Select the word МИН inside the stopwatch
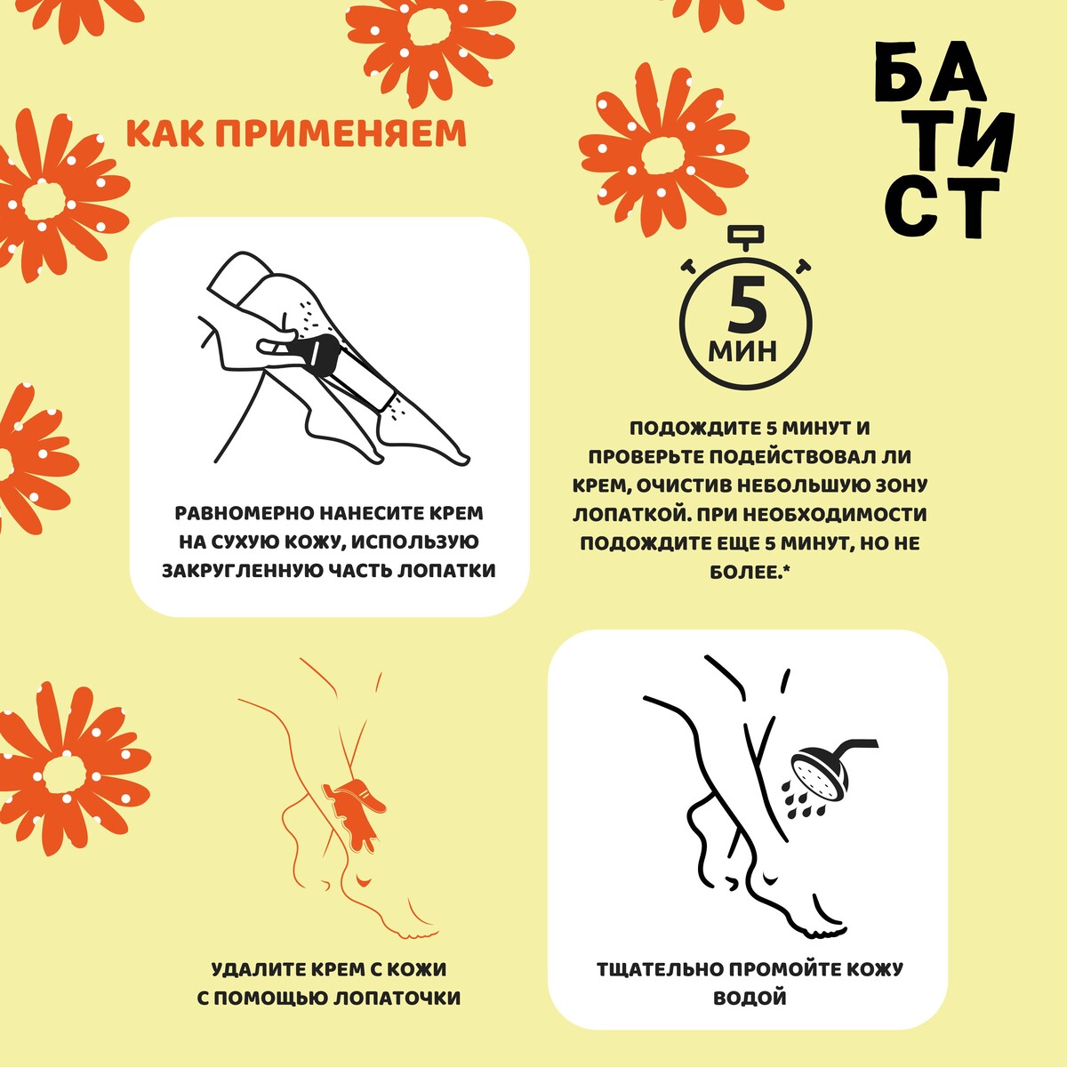click(742, 350)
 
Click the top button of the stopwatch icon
click(746, 236)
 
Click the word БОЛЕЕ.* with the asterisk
click(750, 572)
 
